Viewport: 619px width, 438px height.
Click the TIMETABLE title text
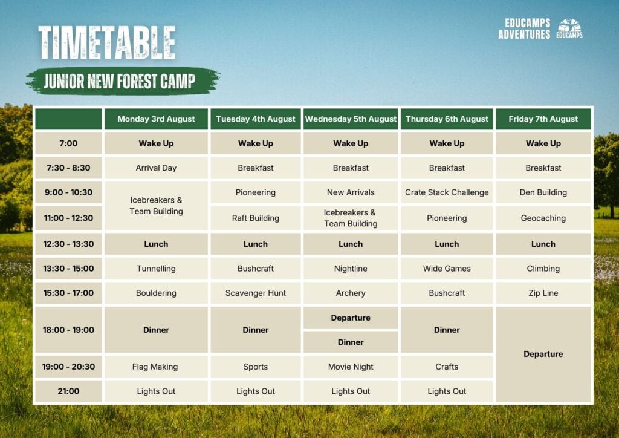pyautogui.click(x=106, y=43)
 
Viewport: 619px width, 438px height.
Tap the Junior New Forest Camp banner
pyautogui.click(x=123, y=81)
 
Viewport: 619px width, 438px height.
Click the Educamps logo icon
pyautogui.click(x=569, y=28)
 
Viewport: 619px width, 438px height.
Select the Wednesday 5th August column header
pyautogui.click(x=351, y=119)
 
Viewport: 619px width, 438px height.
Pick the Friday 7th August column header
pyautogui.click(x=543, y=119)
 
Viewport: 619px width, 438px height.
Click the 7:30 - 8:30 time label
pyautogui.click(x=68, y=168)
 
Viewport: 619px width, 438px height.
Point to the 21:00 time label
pyautogui.click(x=68, y=391)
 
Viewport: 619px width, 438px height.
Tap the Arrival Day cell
pyautogui.click(x=156, y=168)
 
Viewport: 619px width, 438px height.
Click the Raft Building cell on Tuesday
pyautogui.click(x=256, y=218)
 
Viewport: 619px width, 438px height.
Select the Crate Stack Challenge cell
pyautogui.click(x=447, y=192)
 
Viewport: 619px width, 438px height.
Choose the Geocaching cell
pyautogui.click(x=543, y=218)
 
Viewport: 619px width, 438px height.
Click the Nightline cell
pyautogui.click(x=351, y=269)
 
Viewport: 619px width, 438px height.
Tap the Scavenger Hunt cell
pyautogui.click(x=256, y=293)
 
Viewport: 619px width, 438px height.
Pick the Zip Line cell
pyautogui.click(x=543, y=293)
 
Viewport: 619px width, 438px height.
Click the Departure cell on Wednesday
pyautogui.click(x=351, y=318)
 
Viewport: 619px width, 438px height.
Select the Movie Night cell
pyautogui.click(x=351, y=367)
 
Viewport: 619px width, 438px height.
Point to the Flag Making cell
pyautogui.click(x=156, y=367)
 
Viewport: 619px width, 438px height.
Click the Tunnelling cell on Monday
pyautogui.click(x=156, y=269)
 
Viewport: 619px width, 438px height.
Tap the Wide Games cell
pyautogui.click(x=447, y=269)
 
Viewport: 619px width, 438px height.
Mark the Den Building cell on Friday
pyautogui.click(x=543, y=192)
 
